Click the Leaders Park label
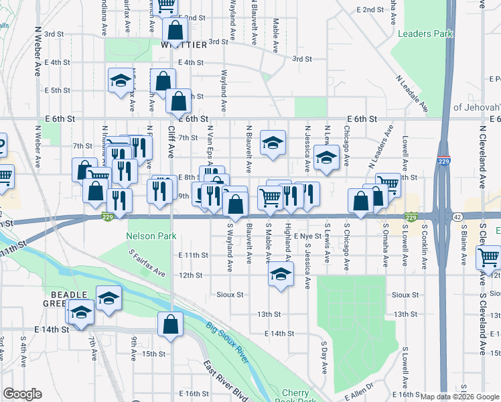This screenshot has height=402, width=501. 425,33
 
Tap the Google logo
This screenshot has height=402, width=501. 22,394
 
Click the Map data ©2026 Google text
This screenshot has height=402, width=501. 459,397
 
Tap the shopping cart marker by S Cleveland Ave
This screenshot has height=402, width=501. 489,257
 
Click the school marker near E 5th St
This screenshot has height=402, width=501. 121,81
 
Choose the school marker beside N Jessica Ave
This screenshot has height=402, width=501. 326,158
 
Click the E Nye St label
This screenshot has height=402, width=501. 308,236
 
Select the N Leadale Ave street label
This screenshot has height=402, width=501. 415,93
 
